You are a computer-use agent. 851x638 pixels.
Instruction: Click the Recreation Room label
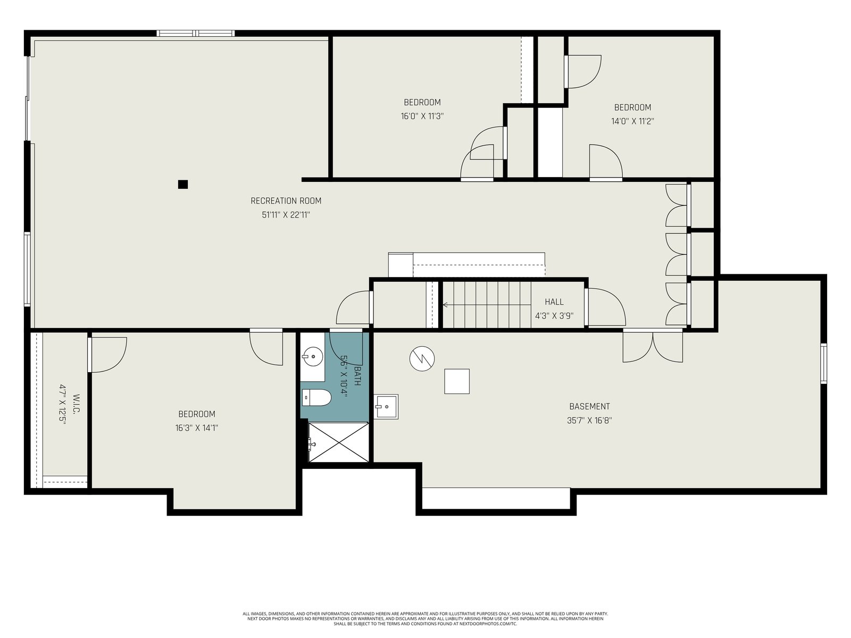coord(286,200)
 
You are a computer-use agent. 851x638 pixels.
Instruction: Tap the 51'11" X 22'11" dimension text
coord(286,215)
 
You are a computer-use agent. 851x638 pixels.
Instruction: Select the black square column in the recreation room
coord(183,184)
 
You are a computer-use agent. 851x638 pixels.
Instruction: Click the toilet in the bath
coord(317,398)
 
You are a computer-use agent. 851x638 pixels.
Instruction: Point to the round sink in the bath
coord(313,356)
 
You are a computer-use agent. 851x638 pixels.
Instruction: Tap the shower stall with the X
coord(338,442)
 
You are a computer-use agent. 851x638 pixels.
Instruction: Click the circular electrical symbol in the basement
coord(422,359)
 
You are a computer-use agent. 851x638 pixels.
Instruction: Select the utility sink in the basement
coord(386,407)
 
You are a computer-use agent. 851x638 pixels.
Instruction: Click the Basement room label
coord(589,406)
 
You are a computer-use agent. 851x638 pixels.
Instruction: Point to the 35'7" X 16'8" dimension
coord(589,421)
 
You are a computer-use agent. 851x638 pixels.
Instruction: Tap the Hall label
coord(554,302)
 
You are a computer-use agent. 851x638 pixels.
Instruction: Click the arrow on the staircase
coord(487,305)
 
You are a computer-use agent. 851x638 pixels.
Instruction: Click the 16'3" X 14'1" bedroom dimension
coord(197,428)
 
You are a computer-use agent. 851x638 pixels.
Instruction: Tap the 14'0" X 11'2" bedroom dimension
coord(632,121)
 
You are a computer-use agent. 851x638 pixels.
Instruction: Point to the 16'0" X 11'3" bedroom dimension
coord(422,116)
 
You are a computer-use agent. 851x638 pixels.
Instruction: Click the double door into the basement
coord(653,346)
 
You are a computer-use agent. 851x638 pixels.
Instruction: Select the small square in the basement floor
coord(457,382)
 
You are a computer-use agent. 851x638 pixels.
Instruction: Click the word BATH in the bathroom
coord(357,376)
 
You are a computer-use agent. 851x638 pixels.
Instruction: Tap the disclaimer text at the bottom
coord(425,619)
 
